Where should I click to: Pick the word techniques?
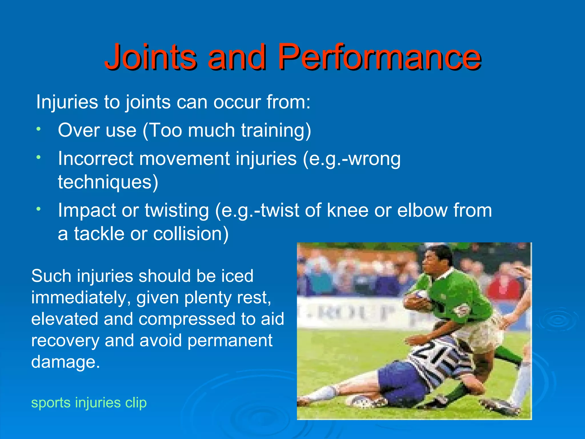point(108,182)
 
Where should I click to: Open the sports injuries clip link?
point(89,403)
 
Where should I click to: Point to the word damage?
point(65,362)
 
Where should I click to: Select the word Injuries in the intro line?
point(67,102)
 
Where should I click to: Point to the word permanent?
point(230,341)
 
